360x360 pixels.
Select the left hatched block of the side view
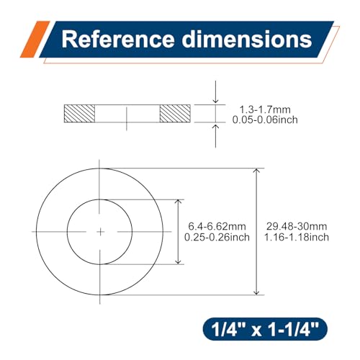[80, 114]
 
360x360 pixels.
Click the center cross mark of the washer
[100, 231]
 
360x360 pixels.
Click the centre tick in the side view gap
[127, 114]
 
